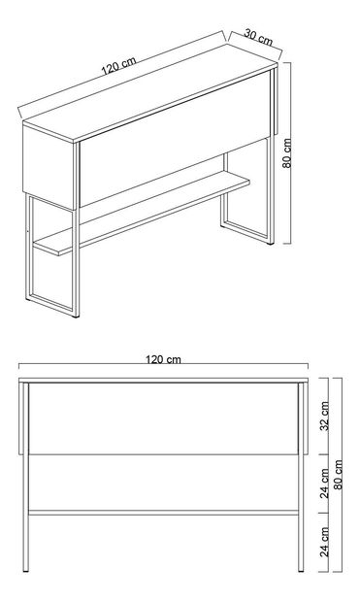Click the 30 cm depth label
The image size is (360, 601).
pyautogui.click(x=258, y=37)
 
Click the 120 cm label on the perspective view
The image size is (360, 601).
pyautogui.click(x=118, y=65)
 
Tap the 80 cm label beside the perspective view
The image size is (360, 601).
pyautogui.click(x=287, y=153)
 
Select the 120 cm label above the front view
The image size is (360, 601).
pyautogui.click(x=163, y=359)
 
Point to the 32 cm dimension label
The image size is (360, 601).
pyautogui.click(x=324, y=416)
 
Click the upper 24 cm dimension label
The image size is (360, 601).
pyautogui.click(x=324, y=483)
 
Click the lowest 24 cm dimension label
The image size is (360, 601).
pyautogui.click(x=324, y=541)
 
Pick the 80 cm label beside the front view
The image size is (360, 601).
pyautogui.click(x=338, y=475)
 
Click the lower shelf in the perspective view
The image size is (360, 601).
pyautogui.click(x=142, y=213)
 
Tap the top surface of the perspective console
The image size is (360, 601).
pyautogui.click(x=150, y=93)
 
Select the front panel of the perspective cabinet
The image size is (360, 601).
pyautogui.click(x=175, y=139)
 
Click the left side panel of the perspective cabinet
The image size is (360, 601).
pyautogui.click(x=48, y=168)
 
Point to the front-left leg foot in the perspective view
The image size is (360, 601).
pyautogui.click(x=76, y=316)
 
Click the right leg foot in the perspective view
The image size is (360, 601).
pyautogui.click(x=271, y=242)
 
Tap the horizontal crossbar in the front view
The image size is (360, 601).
pyautogui.click(x=164, y=513)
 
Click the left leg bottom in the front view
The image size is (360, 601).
pyautogui.click(x=25, y=570)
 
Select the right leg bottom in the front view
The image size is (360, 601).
pyautogui.click(x=301, y=570)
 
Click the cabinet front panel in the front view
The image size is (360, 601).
pyautogui.click(x=164, y=418)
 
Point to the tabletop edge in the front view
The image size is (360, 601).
pyautogui.click(x=164, y=380)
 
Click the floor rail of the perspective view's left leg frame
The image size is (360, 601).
pyautogui.click(x=50, y=303)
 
